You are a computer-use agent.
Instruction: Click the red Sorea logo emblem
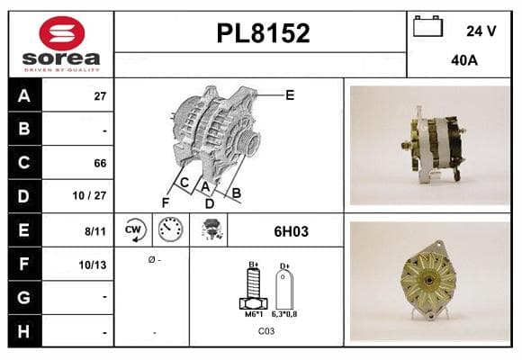click(x=62, y=33)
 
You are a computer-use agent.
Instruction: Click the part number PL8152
click(x=263, y=33)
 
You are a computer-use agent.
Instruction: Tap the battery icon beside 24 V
click(x=427, y=27)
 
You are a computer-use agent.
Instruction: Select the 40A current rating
click(x=464, y=60)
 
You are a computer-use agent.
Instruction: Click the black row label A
click(x=25, y=96)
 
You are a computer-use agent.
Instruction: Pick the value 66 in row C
click(x=100, y=163)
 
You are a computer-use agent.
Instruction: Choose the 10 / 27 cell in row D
click(x=89, y=195)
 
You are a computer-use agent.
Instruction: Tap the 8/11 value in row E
click(x=95, y=231)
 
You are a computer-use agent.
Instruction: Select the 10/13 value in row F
click(x=93, y=265)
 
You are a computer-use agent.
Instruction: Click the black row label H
click(x=25, y=331)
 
